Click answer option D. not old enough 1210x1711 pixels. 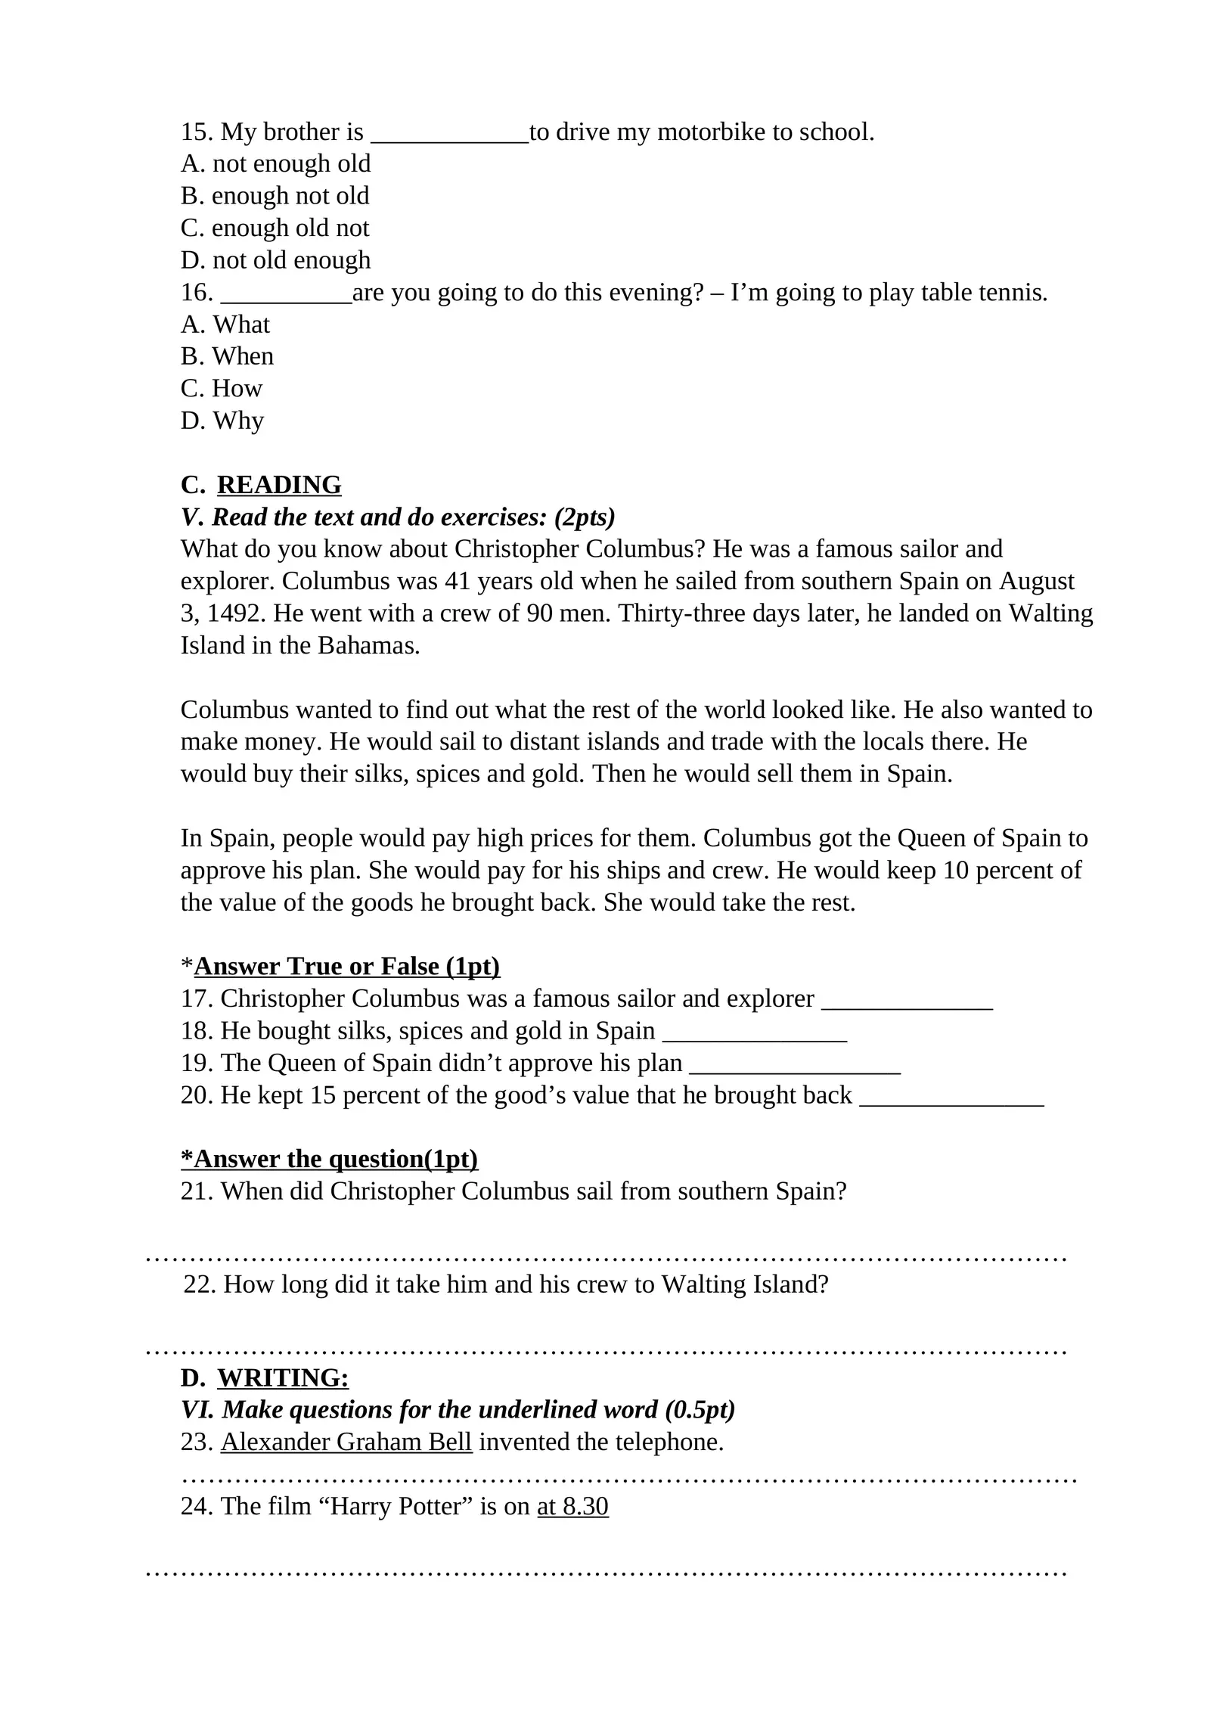click(x=275, y=260)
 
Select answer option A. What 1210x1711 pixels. click(x=225, y=324)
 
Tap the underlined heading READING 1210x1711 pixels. click(x=279, y=485)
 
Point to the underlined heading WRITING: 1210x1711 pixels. click(x=283, y=1378)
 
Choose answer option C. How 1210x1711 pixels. click(x=222, y=389)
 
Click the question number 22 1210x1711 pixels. click(x=200, y=1284)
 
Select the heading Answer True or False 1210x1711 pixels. click(x=347, y=967)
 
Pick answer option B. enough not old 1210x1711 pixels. click(x=275, y=196)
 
